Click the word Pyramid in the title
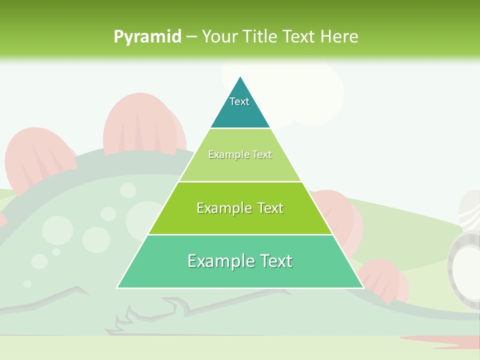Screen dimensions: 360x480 click(x=147, y=37)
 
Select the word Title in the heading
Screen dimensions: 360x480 click(x=261, y=36)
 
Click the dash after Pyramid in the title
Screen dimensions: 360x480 click(x=191, y=37)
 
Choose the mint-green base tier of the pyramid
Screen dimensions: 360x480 click(x=240, y=275)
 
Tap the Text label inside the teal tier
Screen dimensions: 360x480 click(x=239, y=101)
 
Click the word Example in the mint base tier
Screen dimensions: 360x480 click(x=219, y=261)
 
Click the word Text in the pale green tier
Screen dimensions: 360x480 click(x=262, y=155)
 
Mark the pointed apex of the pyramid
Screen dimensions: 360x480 click(x=240, y=77)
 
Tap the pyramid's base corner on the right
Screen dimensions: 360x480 click(x=362, y=287)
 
